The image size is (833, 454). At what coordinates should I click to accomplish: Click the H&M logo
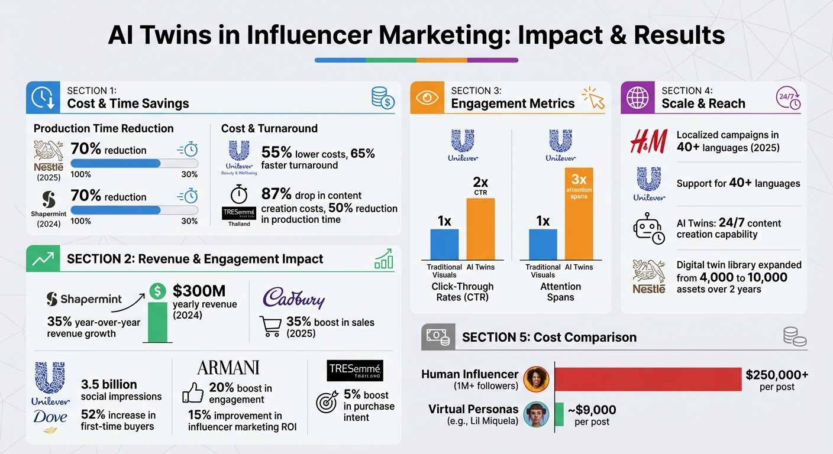point(648,142)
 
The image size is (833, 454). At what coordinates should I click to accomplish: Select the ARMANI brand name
point(228,367)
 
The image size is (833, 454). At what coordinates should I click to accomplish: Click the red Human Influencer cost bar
point(648,379)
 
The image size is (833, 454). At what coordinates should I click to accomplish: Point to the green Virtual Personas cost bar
point(558,414)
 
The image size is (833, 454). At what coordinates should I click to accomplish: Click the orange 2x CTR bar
point(480,229)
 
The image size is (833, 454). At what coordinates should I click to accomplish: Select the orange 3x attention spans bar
point(579,214)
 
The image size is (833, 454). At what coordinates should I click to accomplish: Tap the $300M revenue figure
point(199,291)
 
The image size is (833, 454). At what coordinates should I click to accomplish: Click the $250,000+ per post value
point(777,375)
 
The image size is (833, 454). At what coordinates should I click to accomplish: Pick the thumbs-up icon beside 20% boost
point(193,393)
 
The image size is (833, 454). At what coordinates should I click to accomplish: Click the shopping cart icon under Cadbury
point(270,326)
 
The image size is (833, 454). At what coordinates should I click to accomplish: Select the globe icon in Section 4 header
point(638,98)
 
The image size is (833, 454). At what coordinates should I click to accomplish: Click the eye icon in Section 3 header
point(427,98)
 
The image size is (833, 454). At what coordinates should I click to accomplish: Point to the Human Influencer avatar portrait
point(536,379)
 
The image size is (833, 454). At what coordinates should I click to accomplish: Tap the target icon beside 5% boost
point(327,401)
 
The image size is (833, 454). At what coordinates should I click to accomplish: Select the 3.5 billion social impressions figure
point(109,384)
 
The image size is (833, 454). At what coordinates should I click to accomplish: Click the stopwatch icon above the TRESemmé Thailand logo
point(238,194)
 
